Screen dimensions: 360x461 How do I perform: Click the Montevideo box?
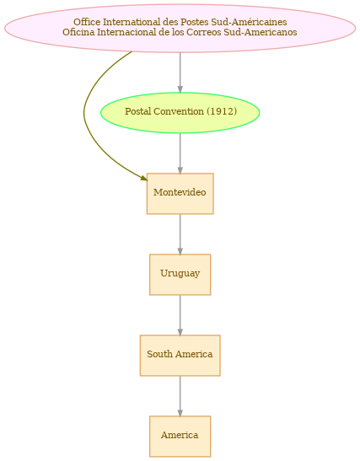point(180,194)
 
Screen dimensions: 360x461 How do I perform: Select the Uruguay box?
point(180,274)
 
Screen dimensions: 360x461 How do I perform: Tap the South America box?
point(180,355)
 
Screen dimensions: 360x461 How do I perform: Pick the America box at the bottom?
point(180,436)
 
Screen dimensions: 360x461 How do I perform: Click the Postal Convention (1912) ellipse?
point(180,113)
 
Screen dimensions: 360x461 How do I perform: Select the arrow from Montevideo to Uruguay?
point(180,234)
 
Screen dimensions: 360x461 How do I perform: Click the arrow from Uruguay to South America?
point(180,315)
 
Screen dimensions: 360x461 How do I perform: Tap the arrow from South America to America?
point(180,396)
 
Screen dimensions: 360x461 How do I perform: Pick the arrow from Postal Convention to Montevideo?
point(180,153)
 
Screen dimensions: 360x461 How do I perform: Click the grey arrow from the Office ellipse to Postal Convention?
point(180,72)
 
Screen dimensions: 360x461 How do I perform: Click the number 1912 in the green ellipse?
point(222,111)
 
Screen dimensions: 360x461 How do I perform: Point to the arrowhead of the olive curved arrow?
point(144,178)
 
